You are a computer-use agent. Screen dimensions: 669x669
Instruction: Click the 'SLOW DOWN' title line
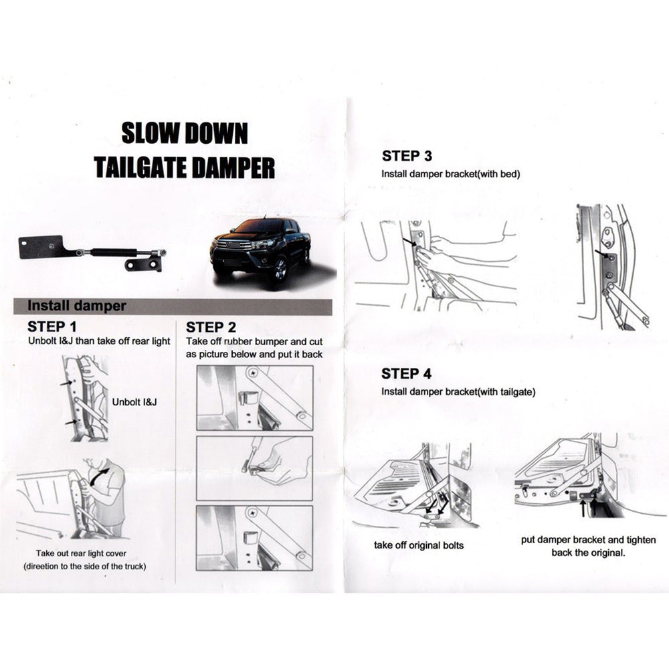tap(184, 133)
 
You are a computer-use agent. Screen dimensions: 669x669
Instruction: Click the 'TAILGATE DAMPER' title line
tap(184, 167)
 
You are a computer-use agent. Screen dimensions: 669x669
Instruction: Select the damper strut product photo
tap(92, 253)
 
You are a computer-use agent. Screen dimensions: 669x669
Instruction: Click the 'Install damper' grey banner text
tap(76, 306)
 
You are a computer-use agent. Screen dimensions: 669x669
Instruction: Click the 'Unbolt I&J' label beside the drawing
tap(134, 403)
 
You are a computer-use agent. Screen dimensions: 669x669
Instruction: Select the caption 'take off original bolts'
tap(418, 545)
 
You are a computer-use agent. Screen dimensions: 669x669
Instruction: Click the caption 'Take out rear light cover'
tap(81, 553)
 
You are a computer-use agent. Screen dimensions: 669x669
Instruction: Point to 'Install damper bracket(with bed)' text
tap(450, 174)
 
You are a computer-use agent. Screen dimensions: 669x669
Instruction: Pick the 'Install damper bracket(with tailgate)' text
tap(458, 391)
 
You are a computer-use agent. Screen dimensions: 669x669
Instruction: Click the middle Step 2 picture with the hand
tap(254, 468)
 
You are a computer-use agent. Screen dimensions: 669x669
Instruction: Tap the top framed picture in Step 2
tap(254, 397)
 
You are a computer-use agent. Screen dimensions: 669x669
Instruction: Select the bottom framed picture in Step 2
tap(254, 537)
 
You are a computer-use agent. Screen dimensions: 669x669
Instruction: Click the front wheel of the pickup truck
tap(280, 269)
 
